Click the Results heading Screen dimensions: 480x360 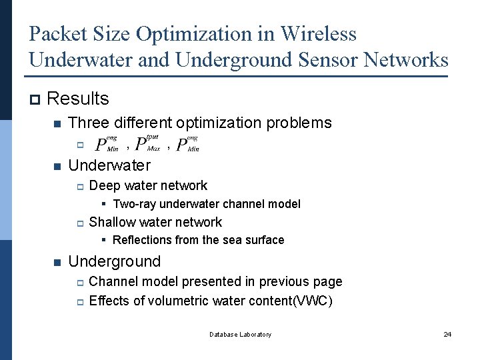point(78,99)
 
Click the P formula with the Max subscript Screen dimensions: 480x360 point(147,143)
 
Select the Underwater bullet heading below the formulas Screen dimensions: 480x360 point(109,165)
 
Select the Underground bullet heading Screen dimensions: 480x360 point(115,261)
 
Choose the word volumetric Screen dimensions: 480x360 point(175,301)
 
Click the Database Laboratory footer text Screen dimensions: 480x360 point(240,335)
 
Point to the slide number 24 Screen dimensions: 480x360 point(447,335)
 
